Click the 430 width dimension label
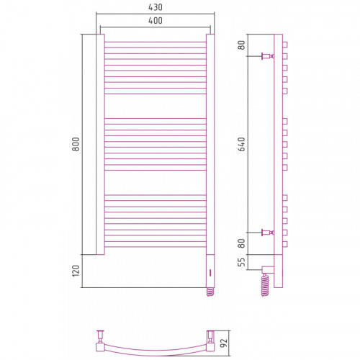156,7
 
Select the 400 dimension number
156,21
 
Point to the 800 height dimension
76,144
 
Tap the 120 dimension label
76,271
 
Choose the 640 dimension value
242,144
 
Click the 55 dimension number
242,262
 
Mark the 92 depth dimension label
223,343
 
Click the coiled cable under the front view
210,292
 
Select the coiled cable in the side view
265,285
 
